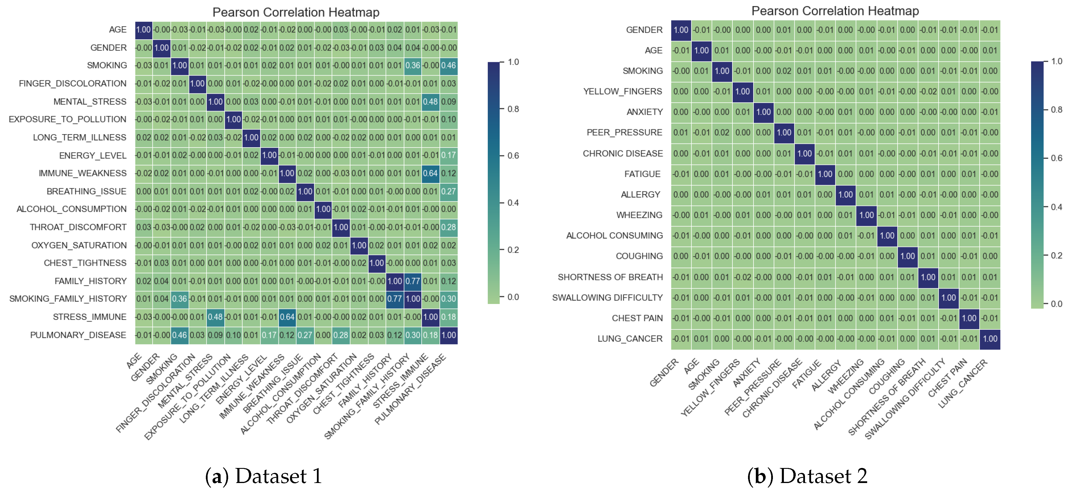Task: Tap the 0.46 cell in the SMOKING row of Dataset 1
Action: pos(448,66)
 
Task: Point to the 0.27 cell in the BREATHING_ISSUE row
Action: pos(448,191)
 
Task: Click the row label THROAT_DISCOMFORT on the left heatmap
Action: pos(78,227)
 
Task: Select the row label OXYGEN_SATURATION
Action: pos(79,245)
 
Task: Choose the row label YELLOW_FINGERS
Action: pos(623,91)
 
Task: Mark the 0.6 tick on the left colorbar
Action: pos(513,156)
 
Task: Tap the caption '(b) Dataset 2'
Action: pos(807,476)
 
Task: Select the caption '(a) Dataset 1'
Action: pos(264,476)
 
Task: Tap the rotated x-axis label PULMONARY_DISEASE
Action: pos(410,389)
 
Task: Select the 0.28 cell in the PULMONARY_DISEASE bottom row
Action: pos(341,335)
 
